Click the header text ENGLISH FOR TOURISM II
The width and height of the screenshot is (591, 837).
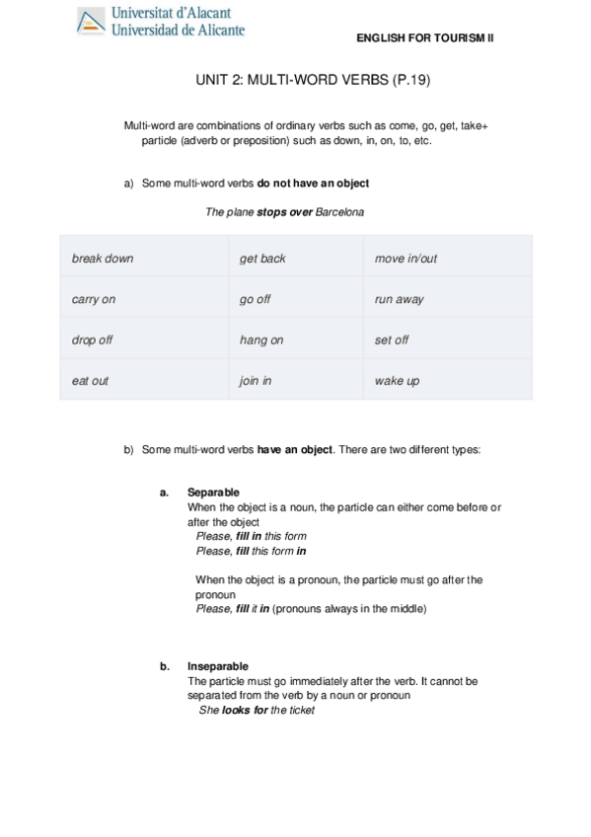[425, 37]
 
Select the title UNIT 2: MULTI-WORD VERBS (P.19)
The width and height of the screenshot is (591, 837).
[295, 84]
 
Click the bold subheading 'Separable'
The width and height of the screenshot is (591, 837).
[213, 493]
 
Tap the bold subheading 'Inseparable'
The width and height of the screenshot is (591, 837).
[217, 666]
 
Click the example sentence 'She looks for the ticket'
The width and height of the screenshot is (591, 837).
[257, 710]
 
